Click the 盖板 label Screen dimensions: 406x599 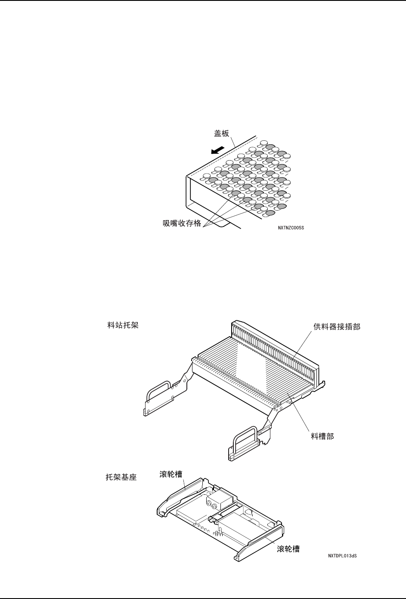tap(222, 133)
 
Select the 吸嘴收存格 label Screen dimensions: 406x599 tap(182, 224)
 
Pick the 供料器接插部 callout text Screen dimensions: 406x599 tap(337, 326)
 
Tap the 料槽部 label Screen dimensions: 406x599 tap(322, 436)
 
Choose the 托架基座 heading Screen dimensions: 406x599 tap(121, 478)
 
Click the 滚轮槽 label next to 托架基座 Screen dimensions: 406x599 tap(168, 474)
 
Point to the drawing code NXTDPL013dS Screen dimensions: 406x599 tap(342, 556)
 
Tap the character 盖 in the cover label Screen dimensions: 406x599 tap(218, 133)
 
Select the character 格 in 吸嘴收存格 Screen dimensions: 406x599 tap(197, 224)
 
